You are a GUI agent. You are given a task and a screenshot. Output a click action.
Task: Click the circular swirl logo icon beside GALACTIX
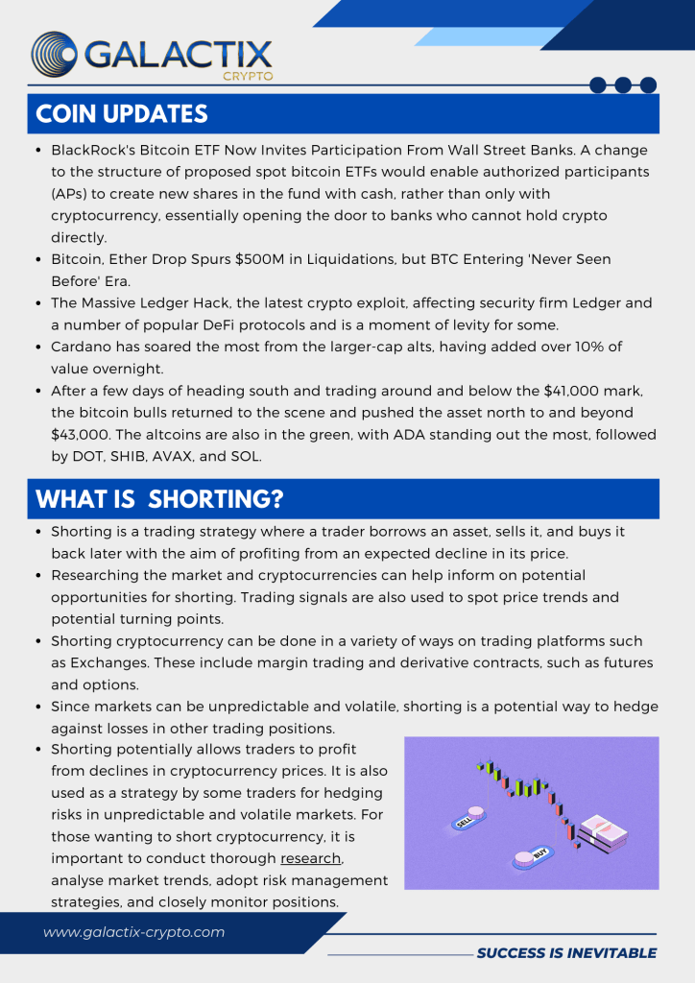point(55,54)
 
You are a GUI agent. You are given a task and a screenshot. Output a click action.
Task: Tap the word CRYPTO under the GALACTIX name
point(247,76)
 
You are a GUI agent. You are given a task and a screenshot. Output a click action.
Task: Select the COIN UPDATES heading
point(122,113)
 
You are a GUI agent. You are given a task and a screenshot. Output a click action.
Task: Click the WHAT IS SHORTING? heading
point(159,499)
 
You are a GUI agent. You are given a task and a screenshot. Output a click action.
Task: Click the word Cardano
point(81,347)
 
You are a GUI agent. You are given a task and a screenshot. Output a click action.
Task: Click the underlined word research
point(310,858)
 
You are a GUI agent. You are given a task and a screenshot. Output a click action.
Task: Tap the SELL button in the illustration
point(464,821)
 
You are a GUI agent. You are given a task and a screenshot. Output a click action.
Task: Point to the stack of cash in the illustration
point(603,832)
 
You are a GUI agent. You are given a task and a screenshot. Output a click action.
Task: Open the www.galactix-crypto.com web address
point(133,932)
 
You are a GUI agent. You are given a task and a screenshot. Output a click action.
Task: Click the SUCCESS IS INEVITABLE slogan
point(566,953)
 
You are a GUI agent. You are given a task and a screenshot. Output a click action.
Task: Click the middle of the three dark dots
point(623,85)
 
